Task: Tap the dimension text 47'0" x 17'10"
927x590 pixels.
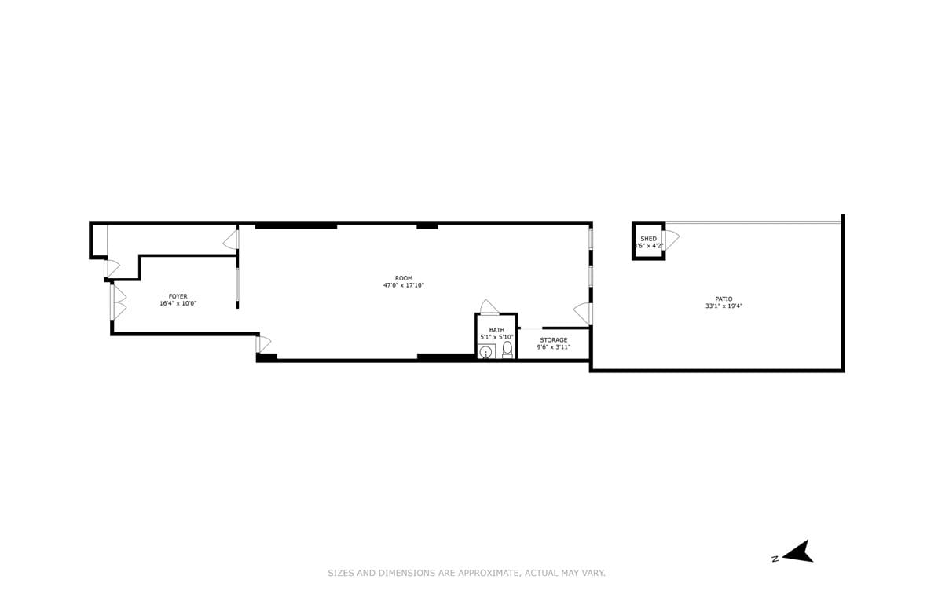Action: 403,285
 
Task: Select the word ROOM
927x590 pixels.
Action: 403,278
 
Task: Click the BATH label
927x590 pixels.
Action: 496,330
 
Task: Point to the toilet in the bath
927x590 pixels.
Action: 507,350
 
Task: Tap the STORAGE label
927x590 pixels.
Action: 553,340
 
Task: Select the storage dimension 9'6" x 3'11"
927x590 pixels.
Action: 553,346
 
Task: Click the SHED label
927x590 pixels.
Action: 648,239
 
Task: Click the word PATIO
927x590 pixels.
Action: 724,299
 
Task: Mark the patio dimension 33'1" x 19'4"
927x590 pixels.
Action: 724,306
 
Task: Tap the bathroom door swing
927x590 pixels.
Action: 489,306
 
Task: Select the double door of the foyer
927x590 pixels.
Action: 119,302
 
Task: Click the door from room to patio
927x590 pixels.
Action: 583,313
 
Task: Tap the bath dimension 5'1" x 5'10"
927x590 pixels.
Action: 496,337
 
